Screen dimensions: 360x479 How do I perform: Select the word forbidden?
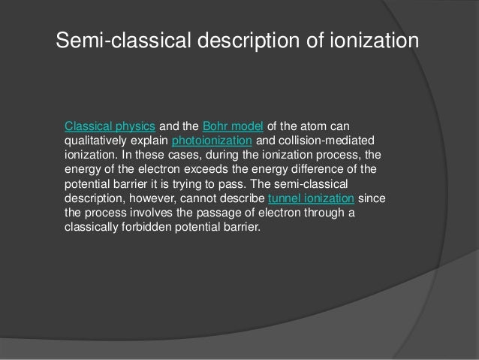click(x=145, y=228)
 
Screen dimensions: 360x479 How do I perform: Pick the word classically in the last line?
click(x=89, y=228)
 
